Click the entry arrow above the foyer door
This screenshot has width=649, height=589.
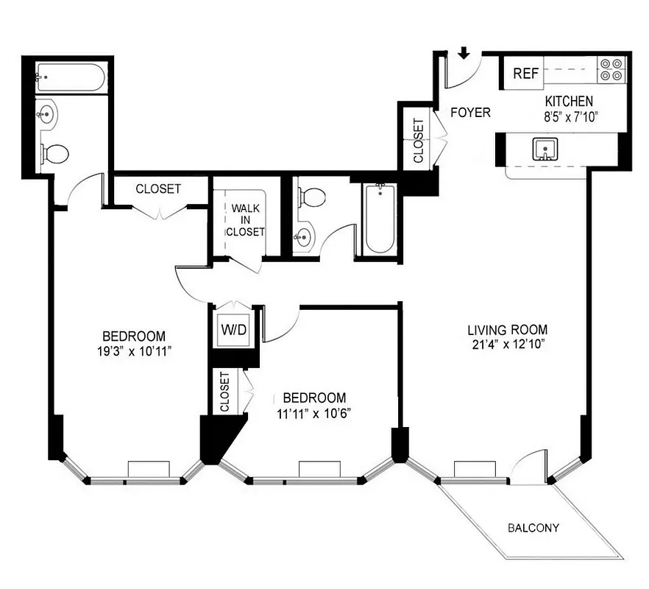(464, 53)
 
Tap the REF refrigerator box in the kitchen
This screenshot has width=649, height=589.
(527, 74)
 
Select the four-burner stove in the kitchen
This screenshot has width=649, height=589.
(610, 69)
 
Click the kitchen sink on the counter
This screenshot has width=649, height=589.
(545, 149)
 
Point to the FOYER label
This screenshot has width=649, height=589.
(470, 113)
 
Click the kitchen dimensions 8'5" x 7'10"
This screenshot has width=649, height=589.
(569, 115)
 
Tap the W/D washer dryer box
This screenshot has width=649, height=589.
(235, 329)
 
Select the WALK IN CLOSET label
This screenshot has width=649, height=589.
(245, 220)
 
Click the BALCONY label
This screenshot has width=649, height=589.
(533, 528)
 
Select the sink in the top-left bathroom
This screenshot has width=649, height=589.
(46, 114)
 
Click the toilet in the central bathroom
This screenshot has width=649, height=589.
(312, 197)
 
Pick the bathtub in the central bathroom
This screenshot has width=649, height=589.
(380, 219)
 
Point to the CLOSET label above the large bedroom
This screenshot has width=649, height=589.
(157, 189)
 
